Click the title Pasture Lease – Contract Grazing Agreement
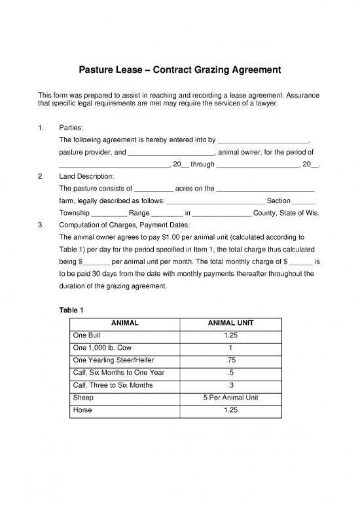(180, 69)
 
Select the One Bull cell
(86, 335)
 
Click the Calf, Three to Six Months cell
(112, 385)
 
